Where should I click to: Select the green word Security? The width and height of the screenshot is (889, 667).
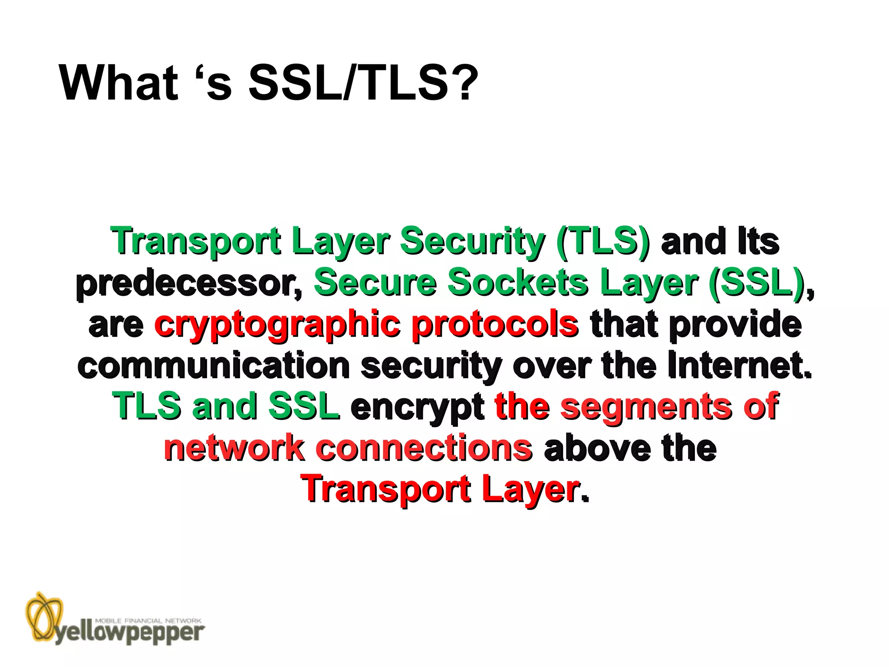click(x=472, y=241)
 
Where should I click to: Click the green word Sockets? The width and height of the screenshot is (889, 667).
click(x=518, y=282)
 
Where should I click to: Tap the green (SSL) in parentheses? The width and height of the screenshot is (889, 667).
click(x=757, y=282)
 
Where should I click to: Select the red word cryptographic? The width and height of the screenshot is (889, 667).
click(x=277, y=325)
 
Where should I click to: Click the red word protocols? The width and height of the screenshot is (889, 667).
click(x=495, y=325)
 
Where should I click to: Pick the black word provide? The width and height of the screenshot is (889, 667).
click(x=735, y=325)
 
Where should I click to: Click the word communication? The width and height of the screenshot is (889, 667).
click(x=214, y=366)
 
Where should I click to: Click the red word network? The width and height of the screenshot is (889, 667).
click(x=234, y=448)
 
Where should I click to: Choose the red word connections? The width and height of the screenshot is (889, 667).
click(x=424, y=448)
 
